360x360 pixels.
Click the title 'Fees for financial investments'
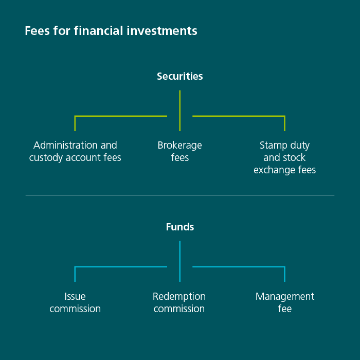click(x=111, y=31)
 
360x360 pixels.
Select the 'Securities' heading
click(x=180, y=76)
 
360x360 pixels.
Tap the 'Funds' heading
click(x=180, y=227)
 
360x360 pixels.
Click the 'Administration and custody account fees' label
click(x=75, y=152)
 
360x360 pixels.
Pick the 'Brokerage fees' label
click(x=180, y=152)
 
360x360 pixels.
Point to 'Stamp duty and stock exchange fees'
click(x=284, y=158)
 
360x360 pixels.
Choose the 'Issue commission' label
click(x=75, y=303)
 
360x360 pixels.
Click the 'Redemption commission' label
click(x=179, y=303)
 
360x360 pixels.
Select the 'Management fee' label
click(x=284, y=303)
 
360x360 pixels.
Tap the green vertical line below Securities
click(x=180, y=110)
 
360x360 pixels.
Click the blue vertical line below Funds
click(x=180, y=261)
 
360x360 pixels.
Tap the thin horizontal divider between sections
click(x=180, y=195)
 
